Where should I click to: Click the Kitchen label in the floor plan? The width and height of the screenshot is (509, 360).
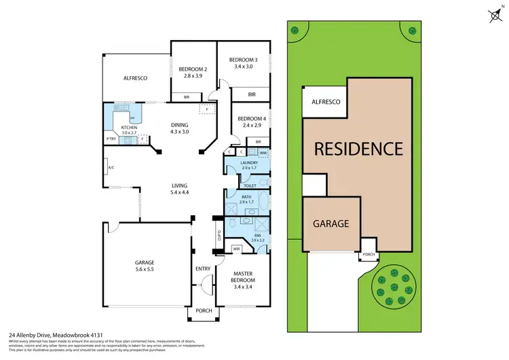point(129,127)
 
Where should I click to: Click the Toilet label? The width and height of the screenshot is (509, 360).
point(250,185)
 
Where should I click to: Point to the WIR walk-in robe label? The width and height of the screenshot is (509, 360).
point(237,249)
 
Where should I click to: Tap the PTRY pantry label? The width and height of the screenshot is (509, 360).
point(111,139)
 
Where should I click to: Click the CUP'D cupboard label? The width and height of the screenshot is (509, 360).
point(219,236)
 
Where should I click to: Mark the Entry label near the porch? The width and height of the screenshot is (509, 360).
point(203,268)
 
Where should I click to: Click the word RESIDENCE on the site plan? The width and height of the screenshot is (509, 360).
point(358,148)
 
